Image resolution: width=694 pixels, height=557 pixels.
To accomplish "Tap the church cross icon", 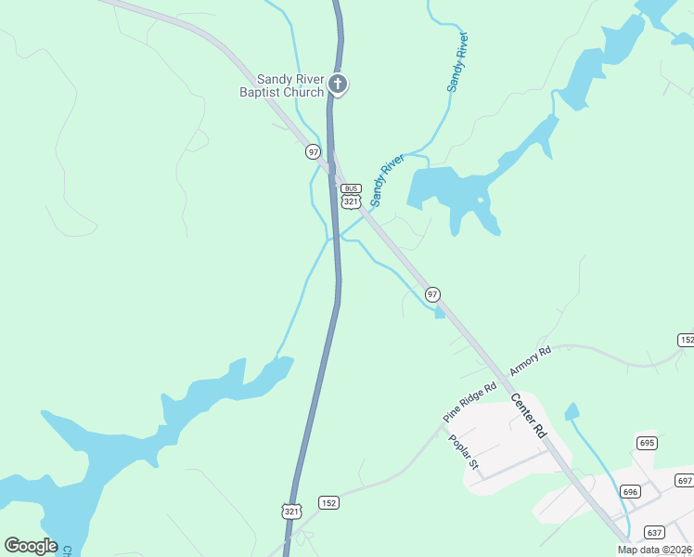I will pos(339,85).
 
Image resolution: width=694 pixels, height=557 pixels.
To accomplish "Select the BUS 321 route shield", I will pos(350,196).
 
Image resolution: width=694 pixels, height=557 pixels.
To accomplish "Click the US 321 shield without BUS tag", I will pos(291,512).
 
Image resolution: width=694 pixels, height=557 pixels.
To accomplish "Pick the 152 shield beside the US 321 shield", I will pos(328,502).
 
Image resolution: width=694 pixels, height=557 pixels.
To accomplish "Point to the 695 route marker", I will pos(646,443).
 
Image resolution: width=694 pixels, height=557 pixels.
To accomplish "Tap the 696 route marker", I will pos(631,491).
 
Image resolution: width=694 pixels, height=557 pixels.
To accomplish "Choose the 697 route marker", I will pos(685,480).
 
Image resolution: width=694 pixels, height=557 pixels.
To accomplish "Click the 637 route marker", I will pos(654,533).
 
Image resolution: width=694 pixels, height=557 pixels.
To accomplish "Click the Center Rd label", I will pos(529,416).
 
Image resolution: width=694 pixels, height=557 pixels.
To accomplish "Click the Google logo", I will pos(31,546).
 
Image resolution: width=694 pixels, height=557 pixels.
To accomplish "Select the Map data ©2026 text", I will pos(655,550).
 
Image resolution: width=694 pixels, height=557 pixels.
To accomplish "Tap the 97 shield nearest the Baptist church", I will pos(313,151).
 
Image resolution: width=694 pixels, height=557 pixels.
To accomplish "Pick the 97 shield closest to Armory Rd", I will pos(432,294).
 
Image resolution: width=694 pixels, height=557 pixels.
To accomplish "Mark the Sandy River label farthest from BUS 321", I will pos(457,62).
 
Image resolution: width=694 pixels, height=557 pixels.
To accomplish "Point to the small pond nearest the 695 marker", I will pos(572,411).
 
